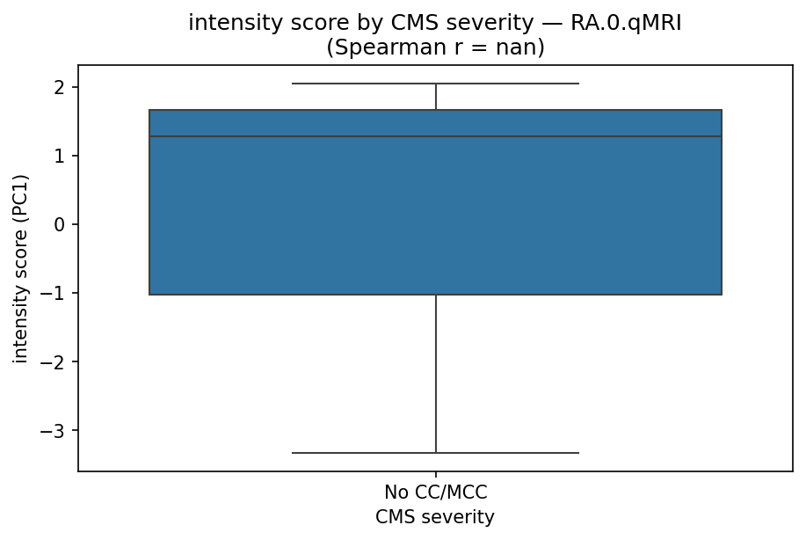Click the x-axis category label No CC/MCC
point(435,493)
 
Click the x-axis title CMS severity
point(435,517)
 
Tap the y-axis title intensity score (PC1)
point(20,268)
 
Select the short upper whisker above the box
point(436,97)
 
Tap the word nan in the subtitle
point(519,47)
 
